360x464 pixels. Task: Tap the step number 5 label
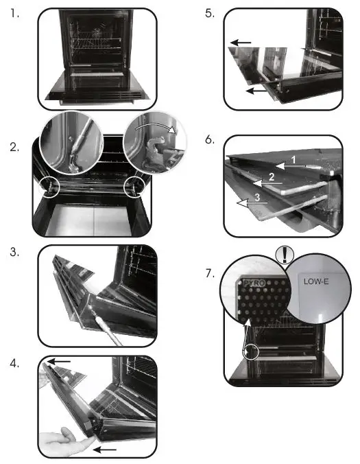pos(210,13)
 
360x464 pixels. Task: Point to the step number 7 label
pos(210,273)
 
